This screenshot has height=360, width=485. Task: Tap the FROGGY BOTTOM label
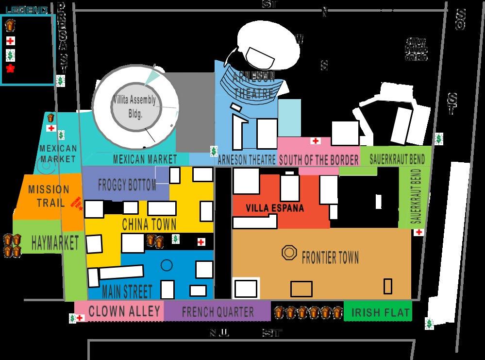[x=127, y=185]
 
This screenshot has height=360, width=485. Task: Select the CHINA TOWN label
[x=149, y=224]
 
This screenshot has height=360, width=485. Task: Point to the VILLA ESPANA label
[x=275, y=208]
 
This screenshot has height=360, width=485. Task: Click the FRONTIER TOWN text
[x=330, y=257]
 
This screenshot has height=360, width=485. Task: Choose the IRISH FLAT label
[x=381, y=312]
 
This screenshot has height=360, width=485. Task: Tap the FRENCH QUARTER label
[x=217, y=312]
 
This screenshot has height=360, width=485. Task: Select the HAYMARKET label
[x=55, y=243]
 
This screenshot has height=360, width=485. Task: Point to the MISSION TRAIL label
[x=49, y=195]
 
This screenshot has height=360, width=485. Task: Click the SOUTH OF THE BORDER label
[x=319, y=160]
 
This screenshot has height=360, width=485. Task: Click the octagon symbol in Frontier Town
[x=290, y=253]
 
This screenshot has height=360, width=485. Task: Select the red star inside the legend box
[x=10, y=69]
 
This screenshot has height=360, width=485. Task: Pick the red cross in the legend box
[x=10, y=41]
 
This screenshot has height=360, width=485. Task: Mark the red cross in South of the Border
[x=316, y=141]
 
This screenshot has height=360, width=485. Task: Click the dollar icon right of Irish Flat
[x=429, y=323]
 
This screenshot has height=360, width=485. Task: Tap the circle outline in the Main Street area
[x=167, y=265]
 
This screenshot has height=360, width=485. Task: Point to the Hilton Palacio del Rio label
[x=417, y=50]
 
